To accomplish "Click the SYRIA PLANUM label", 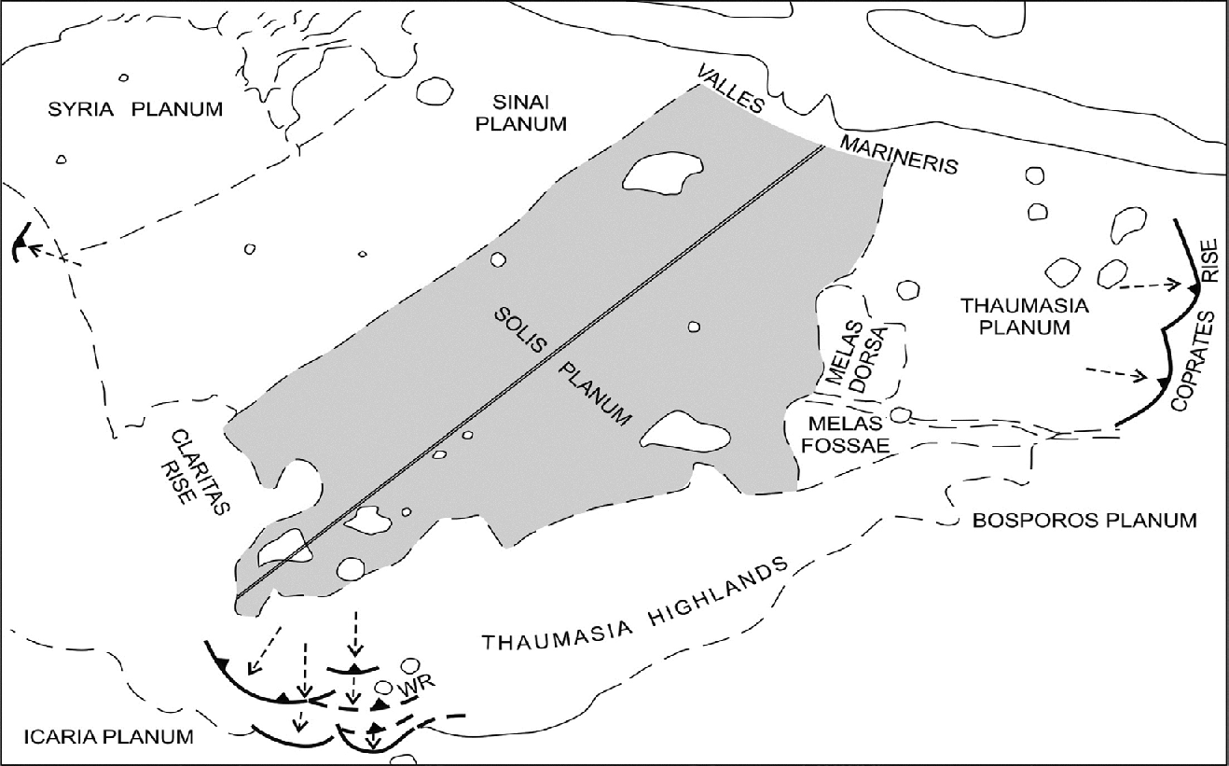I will pos(135,109).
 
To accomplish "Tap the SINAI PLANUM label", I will pos(520,110).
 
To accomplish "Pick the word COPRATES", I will pos(1190,362).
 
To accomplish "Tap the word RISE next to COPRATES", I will pos(1208,260).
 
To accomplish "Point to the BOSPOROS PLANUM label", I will pos(1084,521).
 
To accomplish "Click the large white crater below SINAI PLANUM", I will pos(662,172).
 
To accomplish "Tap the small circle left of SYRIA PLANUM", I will pos(62,160).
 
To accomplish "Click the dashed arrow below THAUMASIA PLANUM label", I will pos(1115,375).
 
